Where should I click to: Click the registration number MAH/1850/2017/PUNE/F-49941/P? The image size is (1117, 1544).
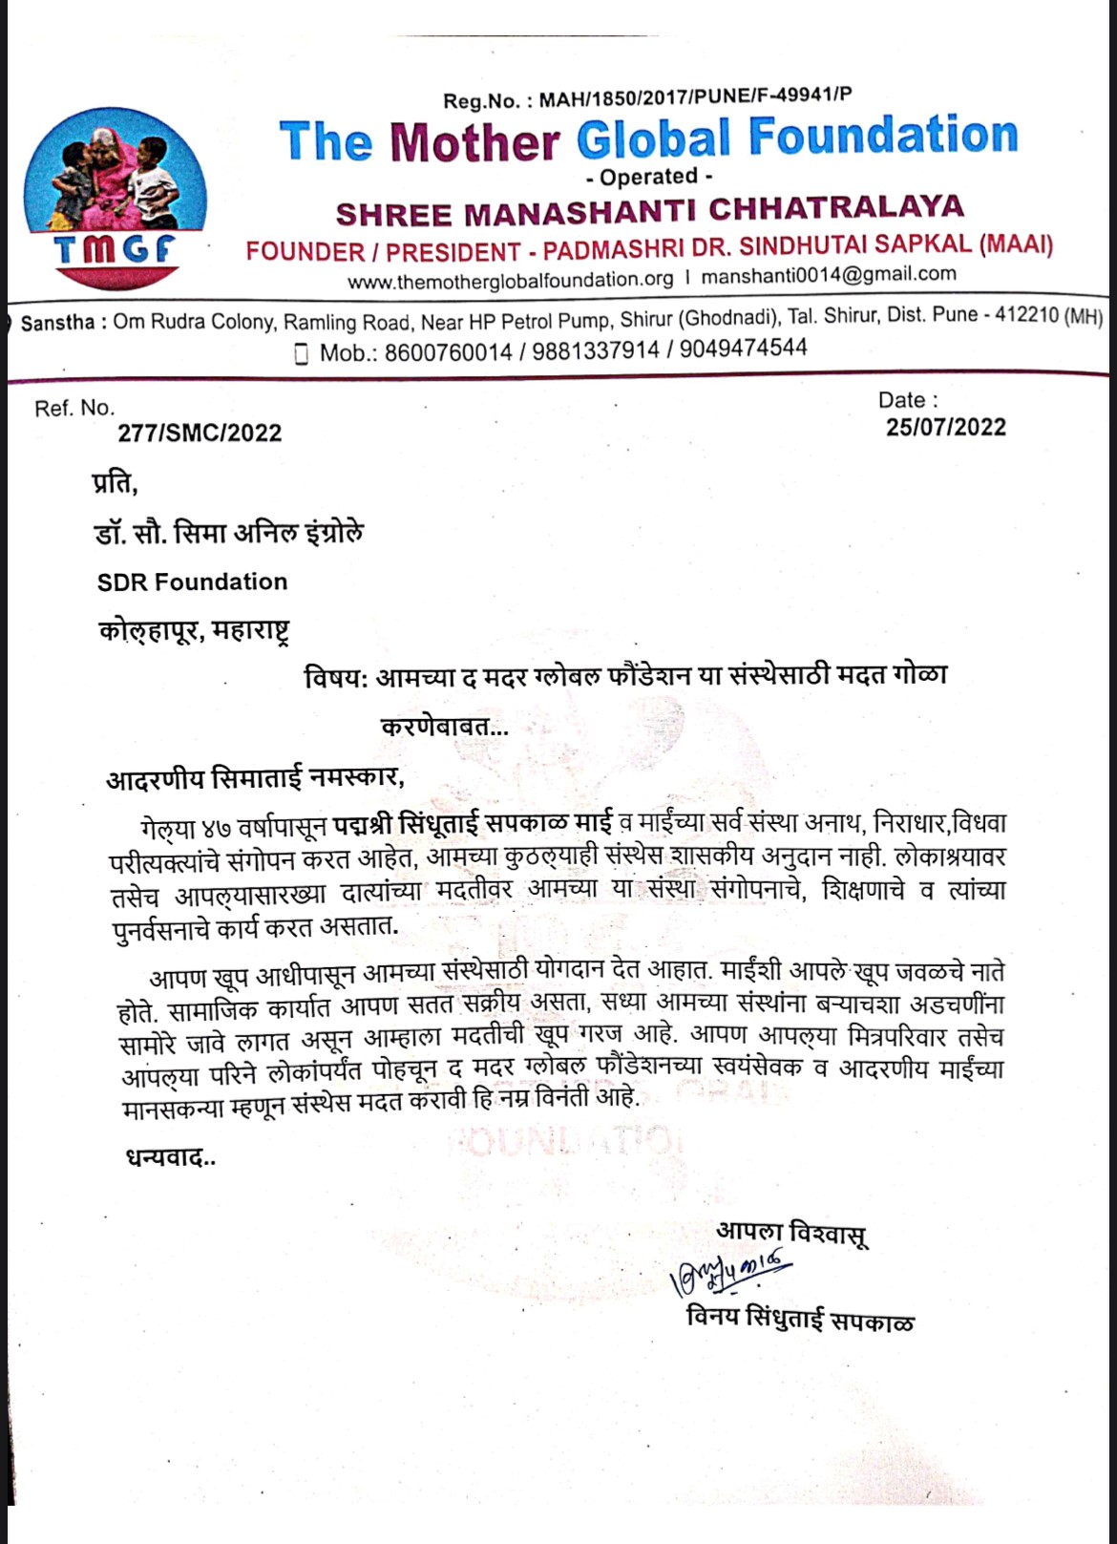pos(695,97)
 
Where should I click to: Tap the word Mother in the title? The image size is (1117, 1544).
pos(474,142)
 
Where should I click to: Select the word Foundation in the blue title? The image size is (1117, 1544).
pos(883,136)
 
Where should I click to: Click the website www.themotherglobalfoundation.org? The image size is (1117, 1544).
pos(511,280)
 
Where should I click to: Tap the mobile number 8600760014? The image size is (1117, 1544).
pos(449,352)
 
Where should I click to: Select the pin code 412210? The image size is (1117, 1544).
pos(1026,315)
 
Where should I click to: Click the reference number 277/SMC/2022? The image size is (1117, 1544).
pos(200,434)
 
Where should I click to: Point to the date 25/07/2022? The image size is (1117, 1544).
pos(945,427)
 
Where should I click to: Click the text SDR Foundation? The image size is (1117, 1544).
pos(192,582)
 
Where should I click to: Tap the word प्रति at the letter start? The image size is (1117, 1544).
pos(115,483)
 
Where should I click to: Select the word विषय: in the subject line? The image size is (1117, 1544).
pos(336,678)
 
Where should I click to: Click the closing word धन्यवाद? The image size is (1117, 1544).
pos(170,1158)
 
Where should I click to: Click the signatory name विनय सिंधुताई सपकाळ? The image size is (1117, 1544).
pos(800,1321)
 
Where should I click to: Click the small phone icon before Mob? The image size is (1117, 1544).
pos(302,353)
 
